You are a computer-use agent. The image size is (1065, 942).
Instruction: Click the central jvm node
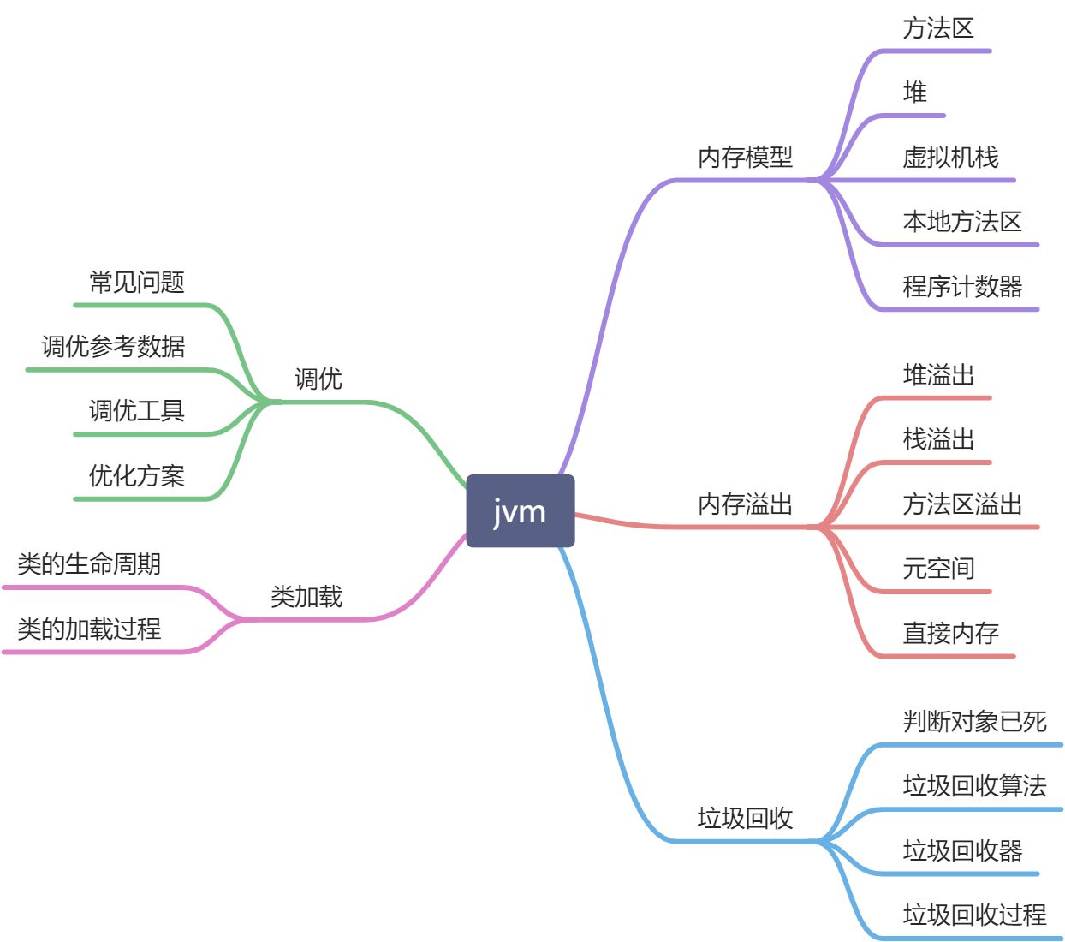pyautogui.click(x=520, y=511)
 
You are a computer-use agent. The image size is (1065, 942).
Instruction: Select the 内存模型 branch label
pyautogui.click(x=745, y=158)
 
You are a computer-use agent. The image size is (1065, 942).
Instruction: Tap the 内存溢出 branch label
pyautogui.click(x=745, y=504)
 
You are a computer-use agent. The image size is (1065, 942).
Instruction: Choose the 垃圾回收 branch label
pyautogui.click(x=745, y=819)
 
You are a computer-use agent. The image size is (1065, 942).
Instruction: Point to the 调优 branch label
pyautogui.click(x=318, y=379)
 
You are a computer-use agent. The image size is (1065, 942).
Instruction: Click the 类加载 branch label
pyautogui.click(x=306, y=597)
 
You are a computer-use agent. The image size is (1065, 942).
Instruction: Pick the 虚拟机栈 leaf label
pyautogui.click(x=950, y=158)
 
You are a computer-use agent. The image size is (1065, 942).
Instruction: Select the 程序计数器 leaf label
pyautogui.click(x=962, y=287)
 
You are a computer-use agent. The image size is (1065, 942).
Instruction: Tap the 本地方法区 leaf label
pyautogui.click(x=962, y=222)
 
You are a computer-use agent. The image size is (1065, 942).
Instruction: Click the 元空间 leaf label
pyautogui.click(x=938, y=569)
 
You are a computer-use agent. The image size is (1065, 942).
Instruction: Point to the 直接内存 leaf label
pyautogui.click(x=950, y=634)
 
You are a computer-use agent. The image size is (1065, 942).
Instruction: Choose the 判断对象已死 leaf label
pyautogui.click(x=974, y=722)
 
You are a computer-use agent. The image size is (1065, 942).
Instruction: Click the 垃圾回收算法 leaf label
pyautogui.click(x=974, y=786)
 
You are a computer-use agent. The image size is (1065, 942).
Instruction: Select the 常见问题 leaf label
pyautogui.click(x=137, y=283)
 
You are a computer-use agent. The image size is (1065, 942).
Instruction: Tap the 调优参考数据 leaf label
pyautogui.click(x=113, y=347)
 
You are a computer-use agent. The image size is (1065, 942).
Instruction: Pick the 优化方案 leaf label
pyautogui.click(x=137, y=476)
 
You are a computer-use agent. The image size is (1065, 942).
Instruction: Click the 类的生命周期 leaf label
pyautogui.click(x=89, y=564)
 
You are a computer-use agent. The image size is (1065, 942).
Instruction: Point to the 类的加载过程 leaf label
pyautogui.click(x=89, y=629)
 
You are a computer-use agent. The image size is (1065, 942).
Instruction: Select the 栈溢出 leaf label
pyautogui.click(x=938, y=439)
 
